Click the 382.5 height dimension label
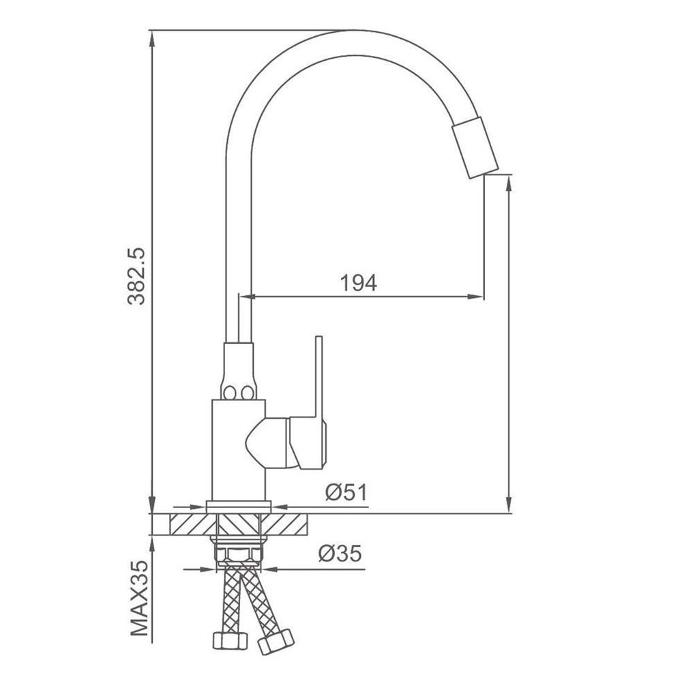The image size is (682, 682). coord(136,276)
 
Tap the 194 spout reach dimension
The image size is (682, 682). coord(358,283)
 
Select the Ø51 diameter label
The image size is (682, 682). coord(346,492)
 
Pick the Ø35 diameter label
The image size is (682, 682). coord(340,554)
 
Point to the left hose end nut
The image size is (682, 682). coord(230,640)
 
